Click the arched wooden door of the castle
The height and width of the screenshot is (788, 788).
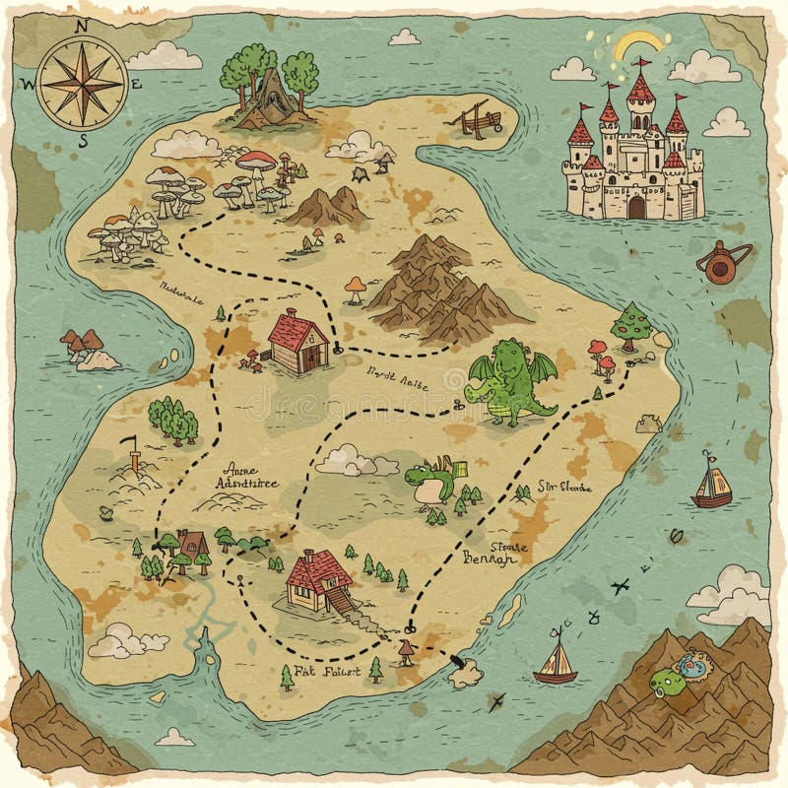pos(637,206)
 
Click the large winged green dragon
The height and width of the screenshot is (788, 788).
pos(510,381)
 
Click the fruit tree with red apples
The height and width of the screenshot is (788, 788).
pos(628,326)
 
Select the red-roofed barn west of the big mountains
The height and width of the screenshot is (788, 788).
pos(299,341)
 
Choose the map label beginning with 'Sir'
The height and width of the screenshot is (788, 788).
pos(563,486)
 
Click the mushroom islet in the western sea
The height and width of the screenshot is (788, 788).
pos(86,349)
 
